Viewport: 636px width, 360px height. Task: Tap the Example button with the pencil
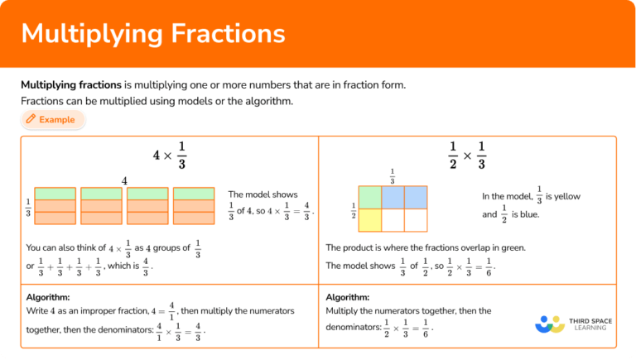tap(53, 120)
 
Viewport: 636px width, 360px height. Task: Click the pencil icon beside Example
tap(31, 120)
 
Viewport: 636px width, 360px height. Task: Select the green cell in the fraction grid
tap(369, 198)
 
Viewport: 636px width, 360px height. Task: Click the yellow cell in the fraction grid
tap(369, 219)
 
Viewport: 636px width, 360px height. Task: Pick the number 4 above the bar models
tap(124, 180)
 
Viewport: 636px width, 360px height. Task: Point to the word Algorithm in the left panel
tap(48, 297)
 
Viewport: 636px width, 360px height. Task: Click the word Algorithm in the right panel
tap(348, 297)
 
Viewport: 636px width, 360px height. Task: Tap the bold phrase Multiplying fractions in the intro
tap(70, 85)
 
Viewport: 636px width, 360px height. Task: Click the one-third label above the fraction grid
tap(392, 177)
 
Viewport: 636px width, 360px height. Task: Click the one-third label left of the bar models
tap(28, 207)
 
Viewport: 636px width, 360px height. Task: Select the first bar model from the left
tap(55, 205)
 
